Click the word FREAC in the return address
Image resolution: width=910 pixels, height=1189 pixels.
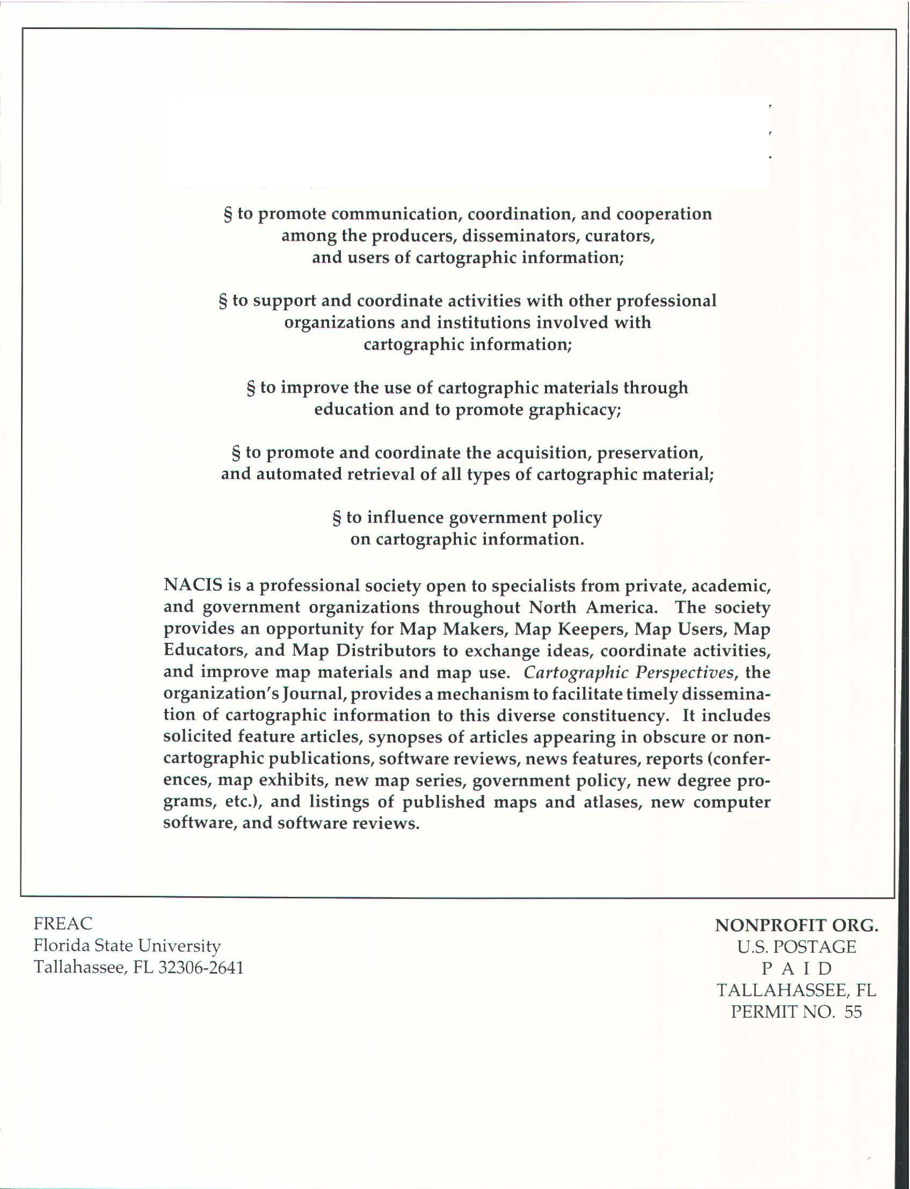[63, 923]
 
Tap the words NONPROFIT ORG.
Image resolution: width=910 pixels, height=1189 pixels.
[796, 926]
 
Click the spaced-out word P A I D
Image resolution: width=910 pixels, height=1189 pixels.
[796, 968]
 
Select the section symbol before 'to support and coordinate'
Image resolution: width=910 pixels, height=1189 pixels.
[223, 301]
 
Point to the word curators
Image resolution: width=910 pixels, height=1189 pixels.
[620, 236]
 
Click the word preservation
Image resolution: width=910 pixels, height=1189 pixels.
[650, 453]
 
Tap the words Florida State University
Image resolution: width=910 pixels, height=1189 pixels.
[127, 945]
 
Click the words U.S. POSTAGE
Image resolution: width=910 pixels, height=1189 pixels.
[796, 947]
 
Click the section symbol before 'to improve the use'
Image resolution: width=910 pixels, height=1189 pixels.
[251, 388]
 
